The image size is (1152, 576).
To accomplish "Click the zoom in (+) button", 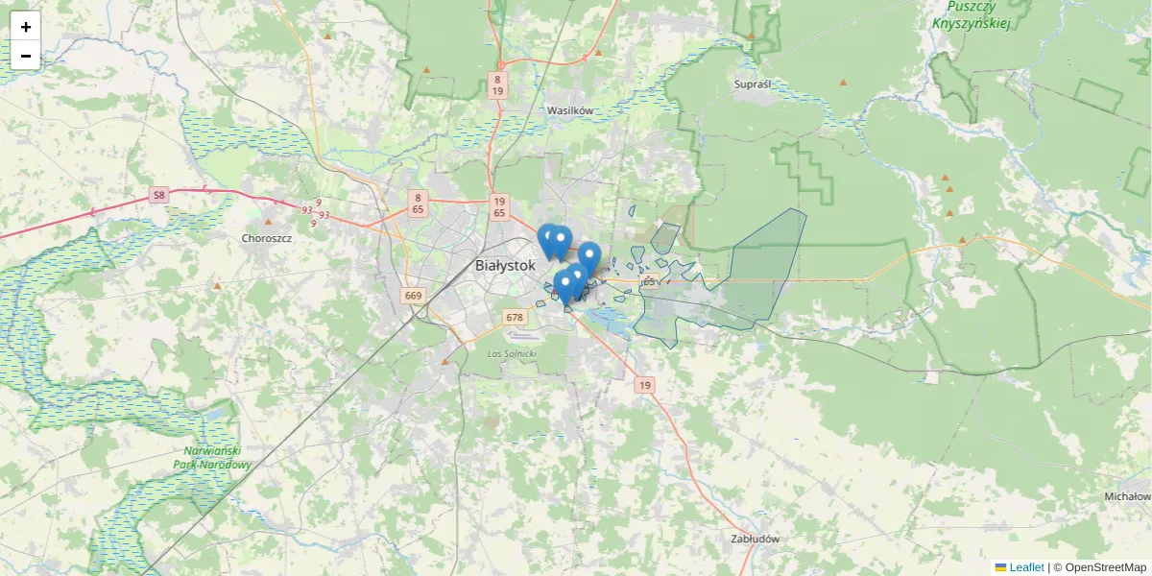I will (x=26, y=27).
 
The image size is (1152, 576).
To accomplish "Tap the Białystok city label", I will (x=504, y=266).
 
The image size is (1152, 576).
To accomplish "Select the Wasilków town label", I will (x=570, y=110).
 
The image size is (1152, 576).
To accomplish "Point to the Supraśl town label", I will (x=752, y=84).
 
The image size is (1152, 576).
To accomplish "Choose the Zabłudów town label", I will (x=755, y=539).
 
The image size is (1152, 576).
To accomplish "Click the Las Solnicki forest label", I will (x=512, y=354).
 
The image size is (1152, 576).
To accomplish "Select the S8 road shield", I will (x=158, y=196).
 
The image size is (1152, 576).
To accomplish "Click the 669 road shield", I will (x=414, y=296).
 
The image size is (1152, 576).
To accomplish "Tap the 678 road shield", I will (x=515, y=317).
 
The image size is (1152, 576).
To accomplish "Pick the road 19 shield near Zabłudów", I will (x=645, y=385).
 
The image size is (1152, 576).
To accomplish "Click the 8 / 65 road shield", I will (x=419, y=203).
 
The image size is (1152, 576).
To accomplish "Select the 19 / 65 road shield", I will (x=498, y=206).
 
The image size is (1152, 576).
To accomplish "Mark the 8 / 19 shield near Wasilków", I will (x=497, y=84).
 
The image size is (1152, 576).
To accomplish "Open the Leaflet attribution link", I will (x=1025, y=567).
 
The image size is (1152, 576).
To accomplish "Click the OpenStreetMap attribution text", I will (x=1105, y=567).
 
